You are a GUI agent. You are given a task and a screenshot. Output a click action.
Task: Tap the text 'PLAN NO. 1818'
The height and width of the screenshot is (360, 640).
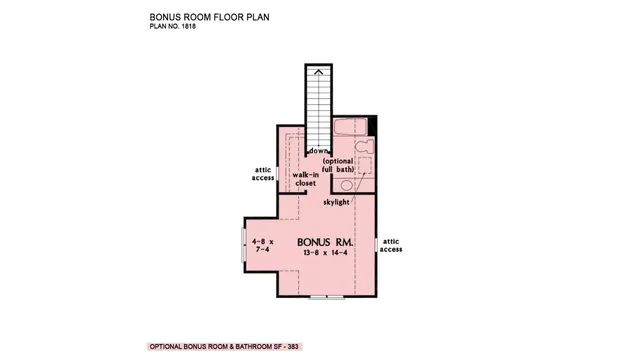pyautogui.click(x=172, y=27)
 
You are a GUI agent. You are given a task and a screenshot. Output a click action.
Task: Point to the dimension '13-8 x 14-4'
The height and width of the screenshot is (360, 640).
pyautogui.click(x=325, y=255)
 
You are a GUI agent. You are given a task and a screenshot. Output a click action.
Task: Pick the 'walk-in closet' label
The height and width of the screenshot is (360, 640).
pyautogui.click(x=305, y=179)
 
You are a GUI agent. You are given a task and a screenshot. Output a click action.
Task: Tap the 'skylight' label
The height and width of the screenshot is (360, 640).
pyautogui.click(x=336, y=202)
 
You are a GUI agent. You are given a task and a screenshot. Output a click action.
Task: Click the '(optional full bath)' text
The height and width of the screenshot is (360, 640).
pyautogui.click(x=338, y=165)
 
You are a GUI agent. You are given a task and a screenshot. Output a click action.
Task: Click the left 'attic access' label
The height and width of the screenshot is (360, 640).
pyautogui.click(x=262, y=175)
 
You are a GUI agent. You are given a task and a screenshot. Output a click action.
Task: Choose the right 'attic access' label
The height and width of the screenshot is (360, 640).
pyautogui.click(x=391, y=245)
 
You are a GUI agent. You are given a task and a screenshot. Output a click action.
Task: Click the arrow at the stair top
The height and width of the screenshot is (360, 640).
pyautogui.click(x=317, y=72)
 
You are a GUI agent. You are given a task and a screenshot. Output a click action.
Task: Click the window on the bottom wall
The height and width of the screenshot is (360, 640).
pyautogui.click(x=324, y=297)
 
